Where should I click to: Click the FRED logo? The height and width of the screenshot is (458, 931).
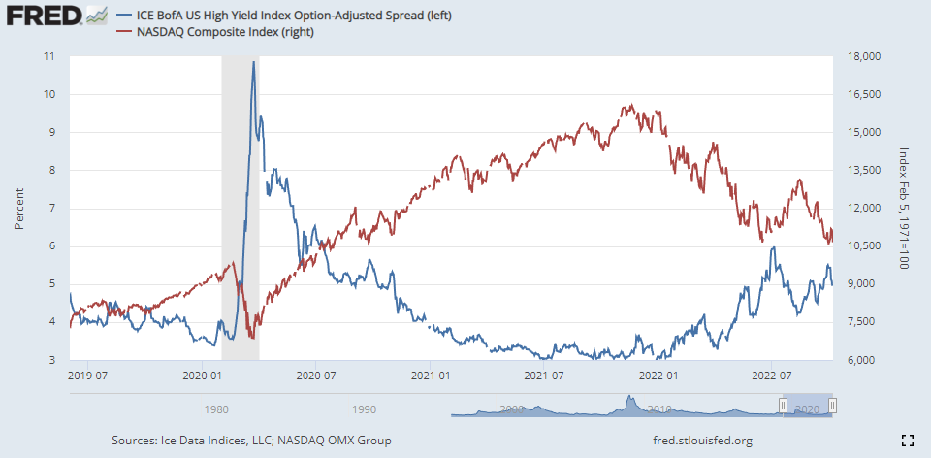click(43, 16)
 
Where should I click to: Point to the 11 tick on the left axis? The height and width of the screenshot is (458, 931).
click(48, 56)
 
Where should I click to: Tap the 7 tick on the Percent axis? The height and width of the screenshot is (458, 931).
click(50, 209)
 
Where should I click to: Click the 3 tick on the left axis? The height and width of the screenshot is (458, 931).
click(50, 360)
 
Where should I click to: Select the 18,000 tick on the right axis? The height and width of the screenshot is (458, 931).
click(862, 56)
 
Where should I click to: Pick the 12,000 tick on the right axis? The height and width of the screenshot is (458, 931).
click(862, 209)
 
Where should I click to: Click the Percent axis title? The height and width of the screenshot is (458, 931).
click(18, 209)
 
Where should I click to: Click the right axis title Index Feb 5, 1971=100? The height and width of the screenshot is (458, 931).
click(903, 209)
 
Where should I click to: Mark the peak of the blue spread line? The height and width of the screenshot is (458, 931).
click(253, 62)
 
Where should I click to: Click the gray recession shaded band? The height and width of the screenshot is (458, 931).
click(233, 194)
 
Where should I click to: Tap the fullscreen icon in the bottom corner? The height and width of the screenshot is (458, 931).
click(908, 441)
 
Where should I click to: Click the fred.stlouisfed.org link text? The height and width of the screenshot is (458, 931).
click(703, 441)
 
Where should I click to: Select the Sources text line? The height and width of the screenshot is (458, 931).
click(251, 441)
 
